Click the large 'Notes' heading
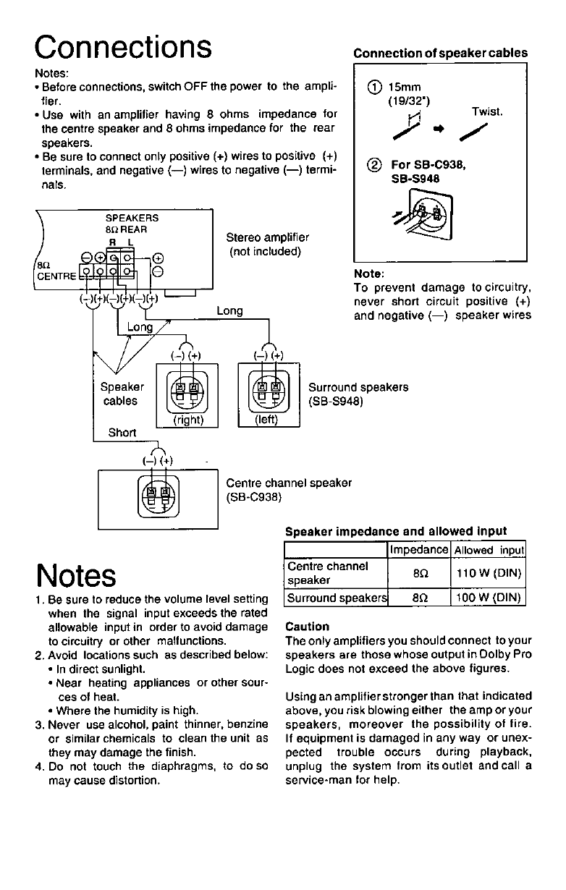pos(76,576)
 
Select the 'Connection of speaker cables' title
pos(440,53)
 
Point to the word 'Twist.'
pos(486,113)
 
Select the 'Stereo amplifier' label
pos(267,237)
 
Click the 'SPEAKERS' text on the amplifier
pos(132,217)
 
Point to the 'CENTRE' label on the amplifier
pos(56,276)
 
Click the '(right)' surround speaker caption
pos(187,419)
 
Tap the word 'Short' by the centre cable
pos(122,433)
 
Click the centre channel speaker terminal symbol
pos(158,496)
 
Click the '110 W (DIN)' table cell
pos(488,574)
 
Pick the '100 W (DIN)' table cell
pos(488,598)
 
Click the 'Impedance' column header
pos(419,550)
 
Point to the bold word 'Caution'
pos(308,627)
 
